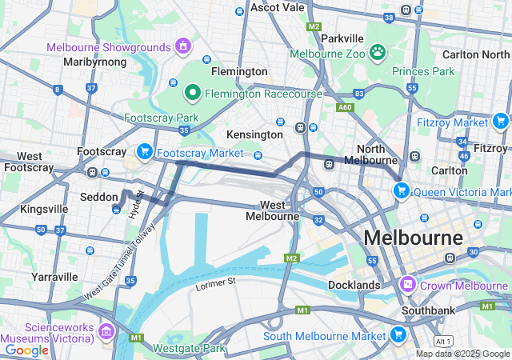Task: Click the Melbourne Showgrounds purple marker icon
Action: [183, 46]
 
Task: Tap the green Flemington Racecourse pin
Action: [192, 93]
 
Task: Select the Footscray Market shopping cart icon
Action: [145, 150]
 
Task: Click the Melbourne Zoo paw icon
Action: [378, 53]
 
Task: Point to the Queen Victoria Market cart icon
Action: [401, 190]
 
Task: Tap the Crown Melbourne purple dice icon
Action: [407, 285]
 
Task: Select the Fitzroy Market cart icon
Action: [501, 122]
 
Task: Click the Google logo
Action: [26, 350]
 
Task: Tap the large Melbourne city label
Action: [413, 238]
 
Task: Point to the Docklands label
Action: [354, 285]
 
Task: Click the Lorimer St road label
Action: [215, 282]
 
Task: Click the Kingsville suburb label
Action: [44, 209]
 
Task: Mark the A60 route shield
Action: [345, 106]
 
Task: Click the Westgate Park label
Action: [190, 348]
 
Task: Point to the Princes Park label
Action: [422, 70]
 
